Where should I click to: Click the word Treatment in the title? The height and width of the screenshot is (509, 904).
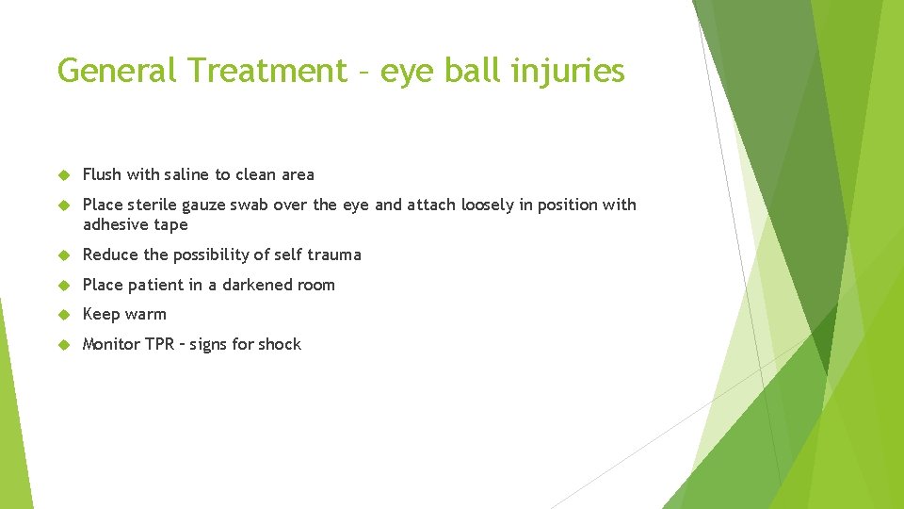[x=266, y=71]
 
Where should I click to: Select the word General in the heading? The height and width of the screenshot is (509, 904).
[x=119, y=71]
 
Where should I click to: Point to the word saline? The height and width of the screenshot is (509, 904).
[x=187, y=174]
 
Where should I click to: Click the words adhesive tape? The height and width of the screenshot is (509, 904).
[x=136, y=224]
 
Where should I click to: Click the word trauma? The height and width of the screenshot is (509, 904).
[x=334, y=254]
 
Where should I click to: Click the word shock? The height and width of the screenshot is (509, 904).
[x=280, y=344]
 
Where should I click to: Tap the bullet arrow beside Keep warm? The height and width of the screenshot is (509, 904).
[x=64, y=315]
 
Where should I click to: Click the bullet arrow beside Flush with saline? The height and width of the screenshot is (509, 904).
[x=64, y=175]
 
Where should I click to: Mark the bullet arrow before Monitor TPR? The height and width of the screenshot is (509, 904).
[x=64, y=345]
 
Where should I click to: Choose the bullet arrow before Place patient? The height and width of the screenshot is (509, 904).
[x=64, y=286]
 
